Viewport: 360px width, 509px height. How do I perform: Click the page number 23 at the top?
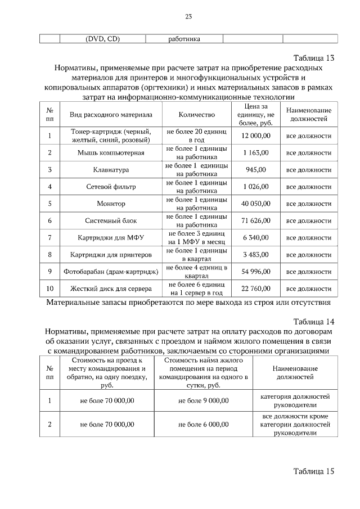coord(188,16)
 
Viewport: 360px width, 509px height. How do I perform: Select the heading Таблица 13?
coord(314,58)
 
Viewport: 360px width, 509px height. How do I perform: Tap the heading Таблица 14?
coord(314,322)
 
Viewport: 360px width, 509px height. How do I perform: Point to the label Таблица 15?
coord(314,471)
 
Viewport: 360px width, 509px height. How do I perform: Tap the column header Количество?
coord(196,115)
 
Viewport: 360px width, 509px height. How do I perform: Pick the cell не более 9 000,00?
coord(203,400)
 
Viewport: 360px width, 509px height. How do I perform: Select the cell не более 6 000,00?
coord(203,425)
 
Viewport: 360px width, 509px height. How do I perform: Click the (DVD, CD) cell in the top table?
coord(102,39)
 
